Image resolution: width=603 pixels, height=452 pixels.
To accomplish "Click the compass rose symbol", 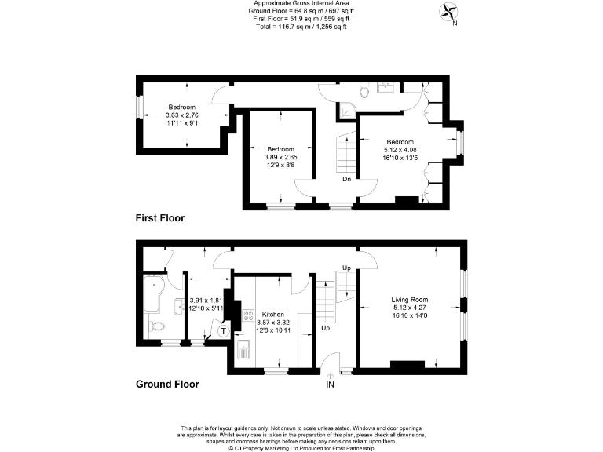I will click(450, 12).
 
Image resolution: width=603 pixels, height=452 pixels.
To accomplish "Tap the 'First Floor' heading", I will click(160, 218).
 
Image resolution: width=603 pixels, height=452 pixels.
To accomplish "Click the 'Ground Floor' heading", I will click(167, 385).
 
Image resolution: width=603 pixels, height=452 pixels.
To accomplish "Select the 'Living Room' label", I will click(409, 299).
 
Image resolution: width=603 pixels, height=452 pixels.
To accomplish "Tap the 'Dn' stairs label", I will click(346, 179).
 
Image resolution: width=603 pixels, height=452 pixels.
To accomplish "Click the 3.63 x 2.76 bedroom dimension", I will click(181, 115).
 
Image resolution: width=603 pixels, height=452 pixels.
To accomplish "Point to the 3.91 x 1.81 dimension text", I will click(207, 300).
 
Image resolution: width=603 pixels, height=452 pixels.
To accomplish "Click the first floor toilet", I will click(364, 93).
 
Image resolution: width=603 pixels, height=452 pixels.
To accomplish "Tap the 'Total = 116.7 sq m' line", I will click(301, 27).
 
